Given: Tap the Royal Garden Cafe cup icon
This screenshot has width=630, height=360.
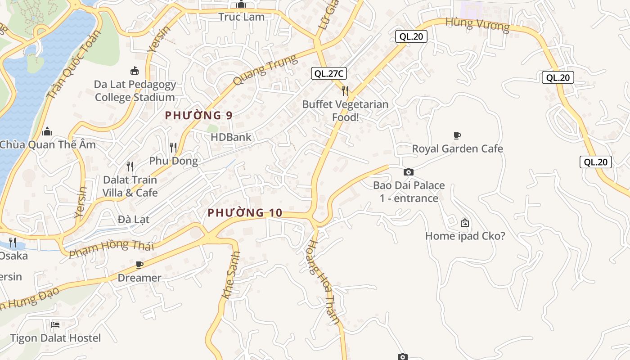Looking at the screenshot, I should coord(457,135).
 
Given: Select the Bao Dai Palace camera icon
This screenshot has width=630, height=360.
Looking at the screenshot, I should coord(409,172).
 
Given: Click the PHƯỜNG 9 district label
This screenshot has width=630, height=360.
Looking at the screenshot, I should coord(198,115).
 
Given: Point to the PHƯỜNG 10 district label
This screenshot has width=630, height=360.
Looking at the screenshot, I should coord(245,212).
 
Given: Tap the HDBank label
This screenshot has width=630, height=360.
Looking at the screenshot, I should coord(231,137).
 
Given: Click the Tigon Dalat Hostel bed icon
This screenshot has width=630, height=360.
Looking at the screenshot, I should coord(55,324).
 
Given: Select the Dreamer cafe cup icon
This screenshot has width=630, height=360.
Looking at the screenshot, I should coord(139,265).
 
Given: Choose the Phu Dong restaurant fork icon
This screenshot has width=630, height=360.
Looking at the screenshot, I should coord(173,147).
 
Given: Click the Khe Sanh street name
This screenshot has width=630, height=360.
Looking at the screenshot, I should coord(231,275).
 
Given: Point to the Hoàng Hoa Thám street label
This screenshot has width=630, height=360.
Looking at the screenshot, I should coord(322,282).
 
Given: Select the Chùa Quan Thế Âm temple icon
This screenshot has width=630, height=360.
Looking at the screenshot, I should coord(47,131).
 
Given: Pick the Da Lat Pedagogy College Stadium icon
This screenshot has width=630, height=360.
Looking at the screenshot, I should coord(135,71).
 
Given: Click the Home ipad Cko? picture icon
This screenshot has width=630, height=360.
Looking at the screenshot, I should coord(465,222).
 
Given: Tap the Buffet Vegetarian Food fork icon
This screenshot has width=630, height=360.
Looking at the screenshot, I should coord(345,91).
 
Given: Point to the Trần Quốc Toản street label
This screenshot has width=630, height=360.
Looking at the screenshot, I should coord(73,67).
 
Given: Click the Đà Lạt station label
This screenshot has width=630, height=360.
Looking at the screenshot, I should coord(134,220).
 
